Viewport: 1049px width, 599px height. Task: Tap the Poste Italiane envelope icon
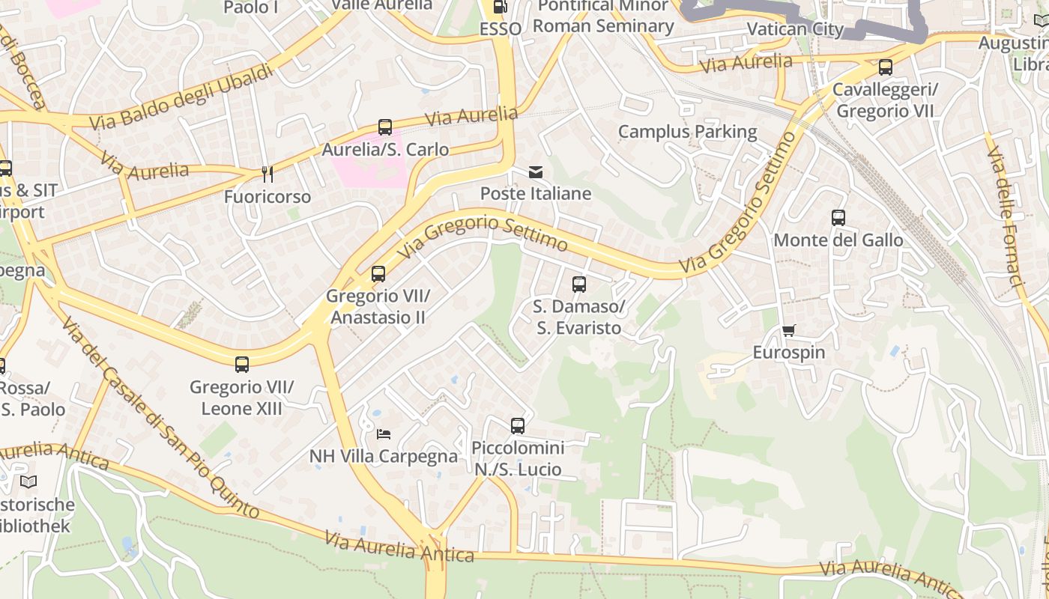pyautogui.click(x=536, y=172)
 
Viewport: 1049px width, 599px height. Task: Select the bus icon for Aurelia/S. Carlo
pyautogui.click(x=385, y=127)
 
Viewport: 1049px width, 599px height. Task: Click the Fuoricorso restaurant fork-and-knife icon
pyautogui.click(x=267, y=174)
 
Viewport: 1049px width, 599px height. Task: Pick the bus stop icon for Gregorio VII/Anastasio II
pyautogui.click(x=378, y=274)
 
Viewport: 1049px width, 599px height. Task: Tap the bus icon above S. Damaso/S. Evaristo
pyautogui.click(x=578, y=285)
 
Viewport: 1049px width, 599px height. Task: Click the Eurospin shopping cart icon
pyautogui.click(x=788, y=330)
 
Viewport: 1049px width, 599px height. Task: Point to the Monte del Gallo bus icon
pyautogui.click(x=838, y=218)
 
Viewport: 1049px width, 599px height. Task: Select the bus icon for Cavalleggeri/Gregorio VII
pyautogui.click(x=886, y=67)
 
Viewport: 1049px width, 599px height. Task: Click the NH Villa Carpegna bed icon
pyautogui.click(x=384, y=434)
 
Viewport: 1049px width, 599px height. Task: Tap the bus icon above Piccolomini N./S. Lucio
pyautogui.click(x=518, y=426)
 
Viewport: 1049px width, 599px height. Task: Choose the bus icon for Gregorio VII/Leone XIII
pyautogui.click(x=242, y=365)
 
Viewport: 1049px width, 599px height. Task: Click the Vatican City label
pyautogui.click(x=795, y=29)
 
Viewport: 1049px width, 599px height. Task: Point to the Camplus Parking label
pyautogui.click(x=687, y=132)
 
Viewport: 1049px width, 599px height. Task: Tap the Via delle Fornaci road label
pyautogui.click(x=1005, y=216)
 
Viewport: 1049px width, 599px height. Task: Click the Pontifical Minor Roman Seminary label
pyautogui.click(x=603, y=16)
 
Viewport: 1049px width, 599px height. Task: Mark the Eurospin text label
pyautogui.click(x=788, y=353)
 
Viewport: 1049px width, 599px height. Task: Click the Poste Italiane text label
pyautogui.click(x=536, y=194)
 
